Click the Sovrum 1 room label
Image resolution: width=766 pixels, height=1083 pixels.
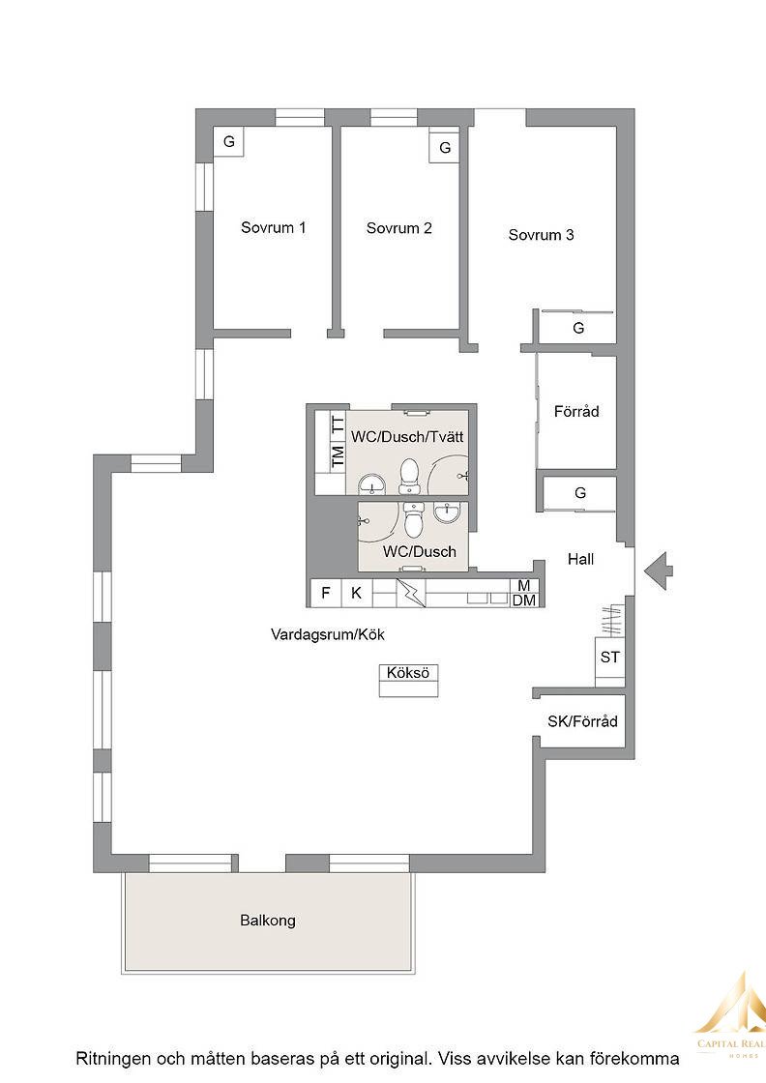(273, 227)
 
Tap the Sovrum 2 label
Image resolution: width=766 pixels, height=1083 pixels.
(399, 228)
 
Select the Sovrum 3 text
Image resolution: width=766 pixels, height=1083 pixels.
(541, 235)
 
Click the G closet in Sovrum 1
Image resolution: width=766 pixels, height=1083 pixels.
(229, 141)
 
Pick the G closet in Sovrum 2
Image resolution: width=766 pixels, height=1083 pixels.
(444, 147)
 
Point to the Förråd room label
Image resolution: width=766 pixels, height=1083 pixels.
(576, 412)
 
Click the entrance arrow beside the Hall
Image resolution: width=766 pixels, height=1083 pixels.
(659, 571)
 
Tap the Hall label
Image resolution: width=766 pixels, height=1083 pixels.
(581, 559)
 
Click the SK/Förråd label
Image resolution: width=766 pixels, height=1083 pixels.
(582, 721)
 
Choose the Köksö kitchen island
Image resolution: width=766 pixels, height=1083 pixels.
(408, 681)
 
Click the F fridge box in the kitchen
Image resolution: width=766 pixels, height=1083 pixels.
(326, 593)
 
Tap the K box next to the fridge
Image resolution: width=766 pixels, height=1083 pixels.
(357, 593)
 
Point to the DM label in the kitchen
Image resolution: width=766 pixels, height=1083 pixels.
(524, 600)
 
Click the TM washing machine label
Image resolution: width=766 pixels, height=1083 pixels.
(338, 457)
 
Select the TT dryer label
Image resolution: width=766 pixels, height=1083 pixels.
(338, 424)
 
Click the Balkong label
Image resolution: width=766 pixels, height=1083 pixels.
(268, 921)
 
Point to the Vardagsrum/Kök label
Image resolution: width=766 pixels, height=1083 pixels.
(328, 634)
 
